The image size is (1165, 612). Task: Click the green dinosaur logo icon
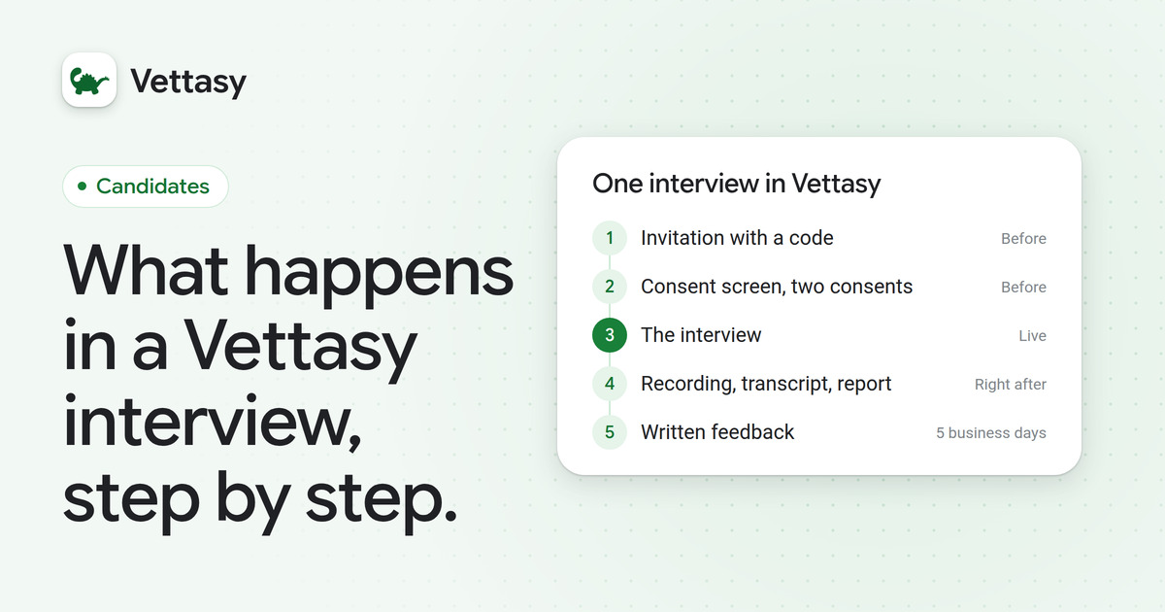[89, 80]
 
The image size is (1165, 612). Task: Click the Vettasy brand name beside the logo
[188, 82]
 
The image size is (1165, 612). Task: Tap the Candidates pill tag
[146, 187]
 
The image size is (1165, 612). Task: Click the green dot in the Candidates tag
[82, 186]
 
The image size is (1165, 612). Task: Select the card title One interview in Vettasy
[737, 184]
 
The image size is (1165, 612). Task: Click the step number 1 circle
[610, 238]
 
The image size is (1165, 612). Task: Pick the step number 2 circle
[610, 287]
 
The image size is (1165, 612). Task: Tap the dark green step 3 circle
[610, 335]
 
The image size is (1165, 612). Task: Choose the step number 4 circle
[610, 384]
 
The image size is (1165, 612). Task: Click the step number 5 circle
[610, 432]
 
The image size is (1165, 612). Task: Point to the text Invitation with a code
[737, 238]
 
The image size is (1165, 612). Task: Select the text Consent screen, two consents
[777, 287]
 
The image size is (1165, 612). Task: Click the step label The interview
[701, 335]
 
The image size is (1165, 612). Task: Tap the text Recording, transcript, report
[766, 384]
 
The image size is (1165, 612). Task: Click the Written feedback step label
[717, 432]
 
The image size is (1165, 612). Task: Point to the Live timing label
[1032, 336]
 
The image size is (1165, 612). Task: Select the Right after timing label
[1010, 385]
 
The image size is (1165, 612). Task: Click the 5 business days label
[991, 433]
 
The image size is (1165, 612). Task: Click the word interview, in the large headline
[213, 421]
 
